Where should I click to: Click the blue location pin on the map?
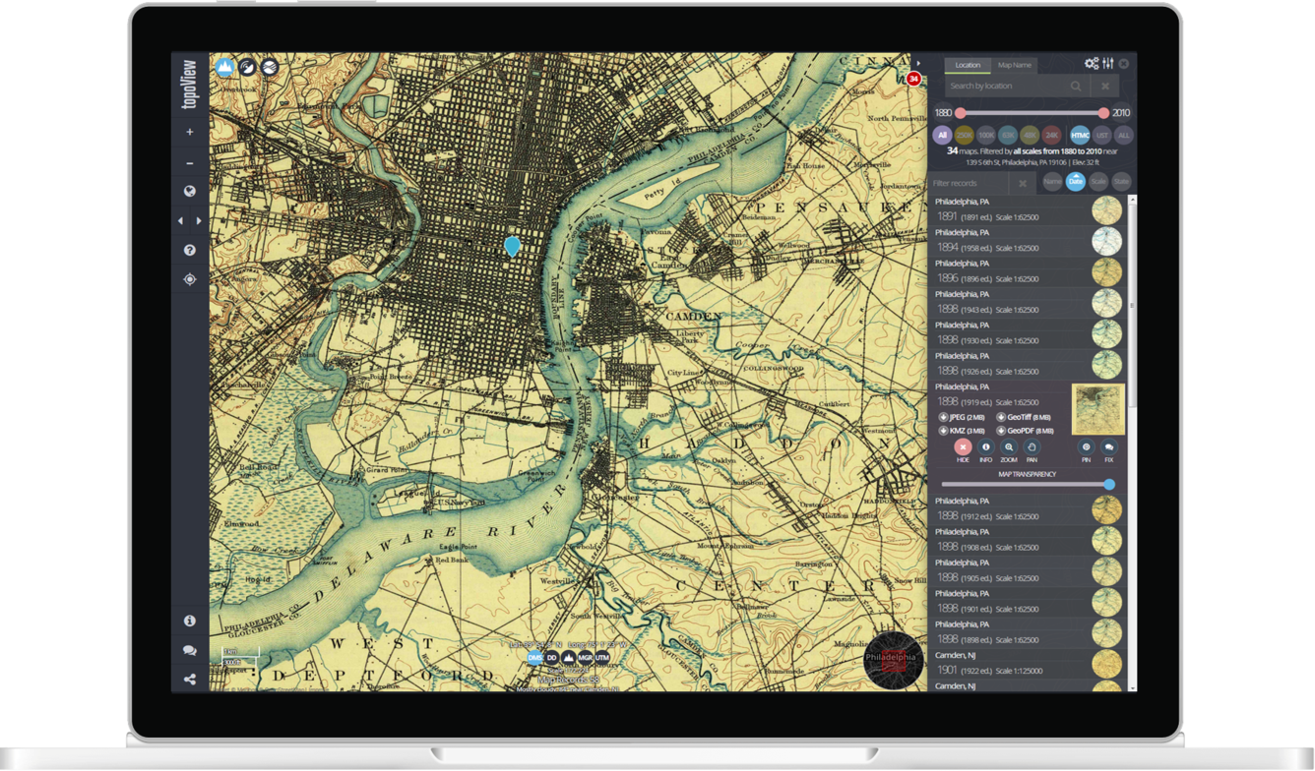click(x=512, y=245)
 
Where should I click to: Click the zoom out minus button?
click(x=190, y=162)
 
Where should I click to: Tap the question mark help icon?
click(x=190, y=251)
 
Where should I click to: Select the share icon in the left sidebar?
click(x=190, y=679)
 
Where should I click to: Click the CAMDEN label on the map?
click(x=694, y=317)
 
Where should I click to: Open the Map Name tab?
click(x=1014, y=65)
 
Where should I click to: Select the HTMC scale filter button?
click(x=1079, y=135)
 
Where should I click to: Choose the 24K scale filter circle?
click(x=1051, y=135)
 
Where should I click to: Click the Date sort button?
click(x=1075, y=182)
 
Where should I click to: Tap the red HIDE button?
click(x=963, y=448)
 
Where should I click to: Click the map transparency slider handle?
click(x=1109, y=484)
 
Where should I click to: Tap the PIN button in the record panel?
click(x=1087, y=448)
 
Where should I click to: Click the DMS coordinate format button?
click(x=535, y=657)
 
